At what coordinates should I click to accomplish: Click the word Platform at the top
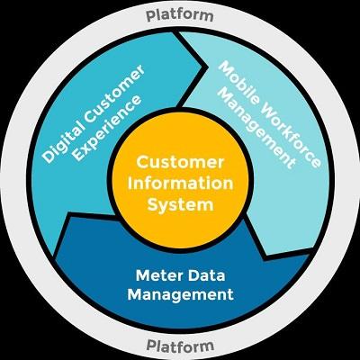coord(180,15)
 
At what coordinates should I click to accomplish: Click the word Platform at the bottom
coord(180,345)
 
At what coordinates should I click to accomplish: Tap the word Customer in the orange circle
coord(180,162)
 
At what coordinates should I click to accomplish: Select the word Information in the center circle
coord(180,184)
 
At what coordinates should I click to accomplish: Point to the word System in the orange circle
coord(181,205)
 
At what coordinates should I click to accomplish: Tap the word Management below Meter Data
coord(180,294)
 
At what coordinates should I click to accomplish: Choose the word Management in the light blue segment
coord(255,130)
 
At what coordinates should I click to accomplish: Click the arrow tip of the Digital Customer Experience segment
coord(207,66)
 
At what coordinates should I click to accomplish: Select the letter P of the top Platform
coord(150,15)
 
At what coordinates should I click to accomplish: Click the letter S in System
coord(153,204)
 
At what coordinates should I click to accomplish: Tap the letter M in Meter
coord(143,275)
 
